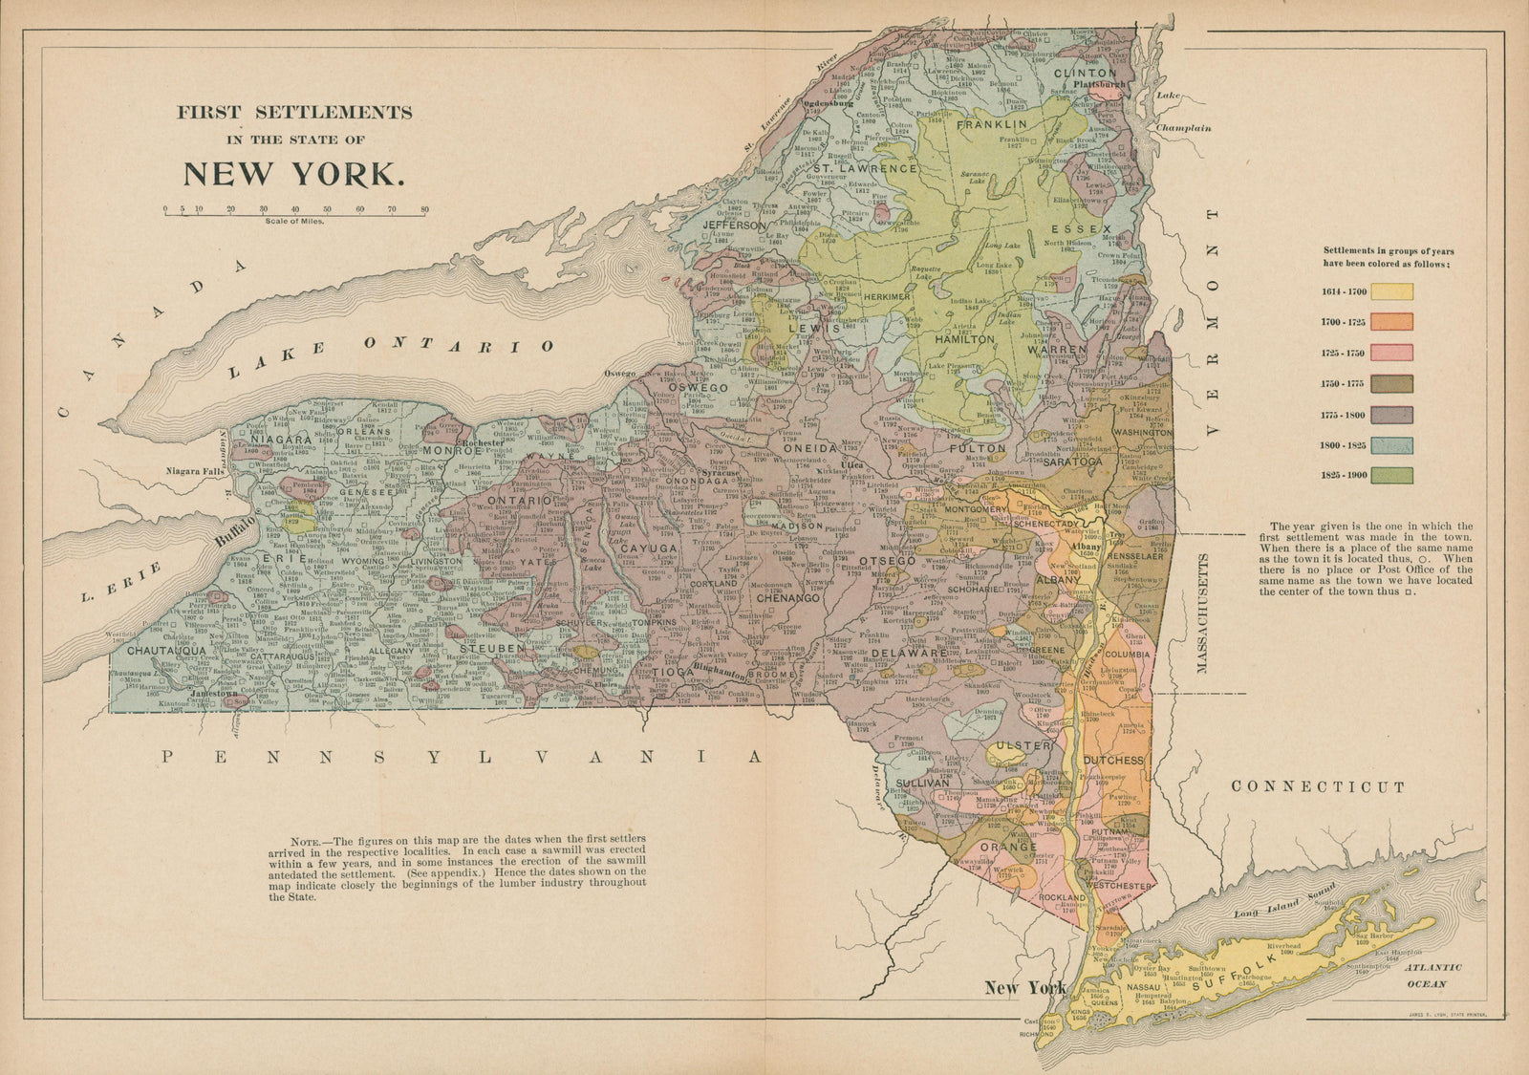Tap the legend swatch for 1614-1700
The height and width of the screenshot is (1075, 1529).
tap(1391, 292)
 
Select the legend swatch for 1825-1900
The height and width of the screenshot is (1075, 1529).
tap(1391, 475)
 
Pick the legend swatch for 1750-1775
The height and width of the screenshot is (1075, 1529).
tap(1391, 383)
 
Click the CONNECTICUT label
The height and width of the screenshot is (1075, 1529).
tap(1318, 787)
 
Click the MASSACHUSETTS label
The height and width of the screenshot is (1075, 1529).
tap(1203, 612)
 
